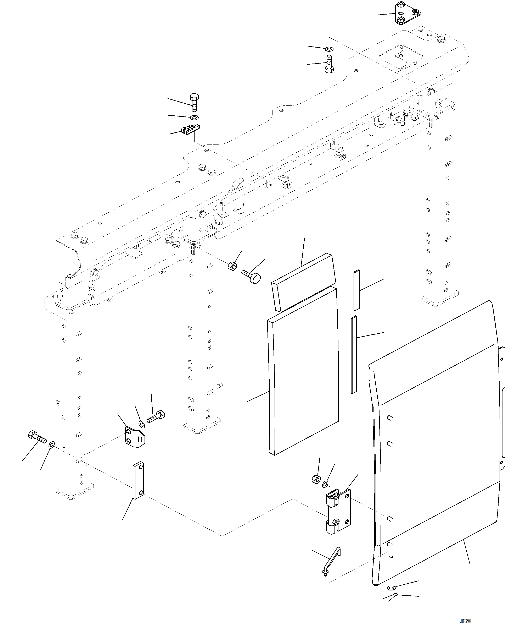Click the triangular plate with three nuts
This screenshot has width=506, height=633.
point(407,13)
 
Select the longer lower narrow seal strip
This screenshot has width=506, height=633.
point(354,355)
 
